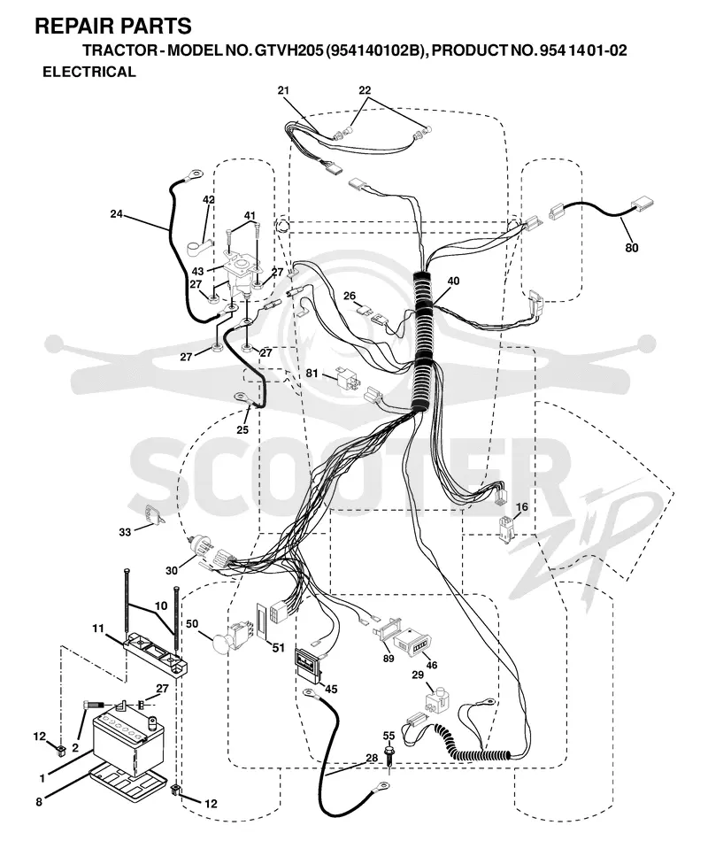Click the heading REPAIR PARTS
click(x=113, y=26)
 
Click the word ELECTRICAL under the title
click(x=89, y=72)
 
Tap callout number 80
click(x=631, y=248)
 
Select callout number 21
click(x=283, y=90)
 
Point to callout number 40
click(x=453, y=281)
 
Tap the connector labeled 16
click(x=506, y=528)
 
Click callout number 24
click(x=116, y=213)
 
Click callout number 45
click(x=331, y=689)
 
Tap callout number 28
click(x=372, y=758)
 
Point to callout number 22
click(x=365, y=90)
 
